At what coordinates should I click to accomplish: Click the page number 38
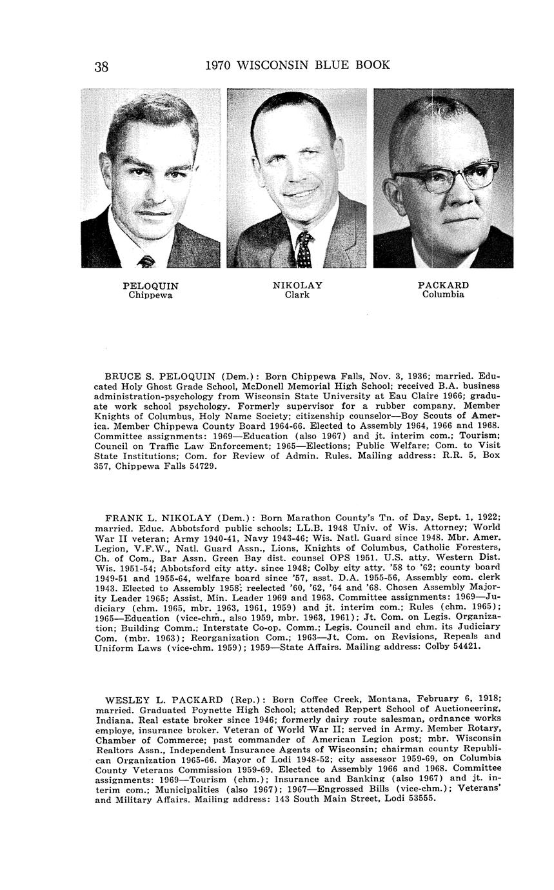click(101, 66)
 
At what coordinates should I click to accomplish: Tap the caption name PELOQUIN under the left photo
click(150, 286)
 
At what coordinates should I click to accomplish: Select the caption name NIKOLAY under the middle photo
click(297, 285)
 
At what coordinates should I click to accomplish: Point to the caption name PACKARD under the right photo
click(443, 285)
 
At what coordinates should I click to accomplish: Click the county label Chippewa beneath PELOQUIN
click(150, 295)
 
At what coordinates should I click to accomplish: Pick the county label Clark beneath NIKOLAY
click(297, 295)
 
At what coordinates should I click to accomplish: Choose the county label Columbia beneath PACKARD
click(443, 295)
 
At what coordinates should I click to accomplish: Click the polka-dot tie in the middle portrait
click(304, 250)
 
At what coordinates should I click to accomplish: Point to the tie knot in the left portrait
click(147, 261)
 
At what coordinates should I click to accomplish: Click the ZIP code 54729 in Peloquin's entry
click(203, 466)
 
